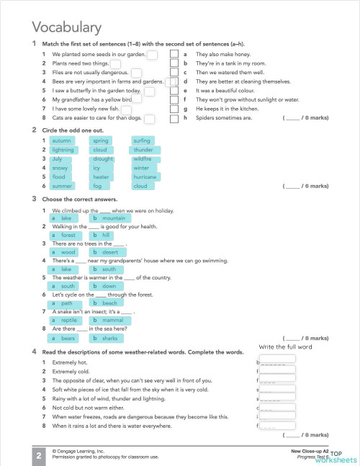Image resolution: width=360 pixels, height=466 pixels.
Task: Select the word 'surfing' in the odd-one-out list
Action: tap(142, 140)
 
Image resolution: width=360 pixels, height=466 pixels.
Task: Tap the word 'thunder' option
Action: tap(143, 150)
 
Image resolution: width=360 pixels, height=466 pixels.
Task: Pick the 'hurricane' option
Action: tap(145, 176)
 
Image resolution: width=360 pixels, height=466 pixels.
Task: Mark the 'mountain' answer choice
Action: tap(113, 218)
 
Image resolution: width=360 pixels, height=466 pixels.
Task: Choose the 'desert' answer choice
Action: tap(109, 252)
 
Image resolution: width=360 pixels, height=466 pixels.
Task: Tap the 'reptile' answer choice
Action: tap(68, 320)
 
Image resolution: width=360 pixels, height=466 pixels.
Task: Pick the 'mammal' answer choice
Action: tap(112, 320)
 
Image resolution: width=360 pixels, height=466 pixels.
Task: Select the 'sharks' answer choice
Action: tap(109, 337)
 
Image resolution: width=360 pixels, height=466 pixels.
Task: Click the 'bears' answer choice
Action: tap(68, 337)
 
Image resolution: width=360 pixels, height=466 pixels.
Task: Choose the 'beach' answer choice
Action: tap(109, 303)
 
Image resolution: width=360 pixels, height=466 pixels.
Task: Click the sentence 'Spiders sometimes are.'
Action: tap(224, 117)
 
